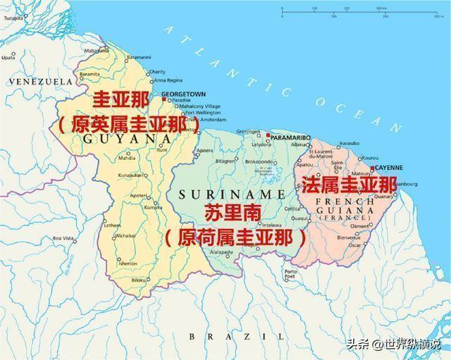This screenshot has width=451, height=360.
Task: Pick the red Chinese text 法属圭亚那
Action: coord(349,186)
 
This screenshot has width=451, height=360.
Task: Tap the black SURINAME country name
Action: coord(220,193)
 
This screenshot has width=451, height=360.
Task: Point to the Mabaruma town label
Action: coord(97,51)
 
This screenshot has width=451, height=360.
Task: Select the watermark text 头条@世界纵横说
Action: coord(393,344)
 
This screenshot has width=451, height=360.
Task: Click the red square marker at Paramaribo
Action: coord(268,134)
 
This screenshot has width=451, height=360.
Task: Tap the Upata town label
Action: coord(8,57)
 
